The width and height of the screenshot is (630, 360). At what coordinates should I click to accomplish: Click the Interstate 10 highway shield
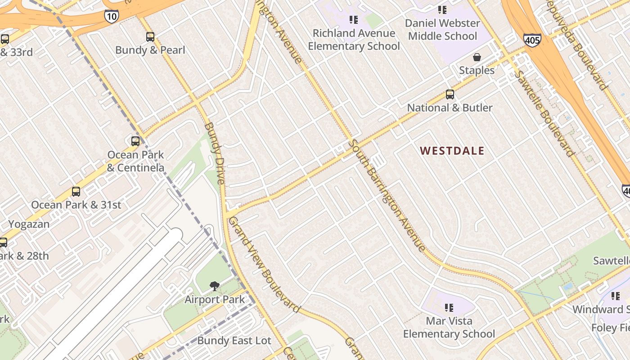click(111, 16)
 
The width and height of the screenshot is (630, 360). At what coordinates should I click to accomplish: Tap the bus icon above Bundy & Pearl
click(150, 37)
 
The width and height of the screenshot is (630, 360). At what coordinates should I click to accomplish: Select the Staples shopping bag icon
click(477, 57)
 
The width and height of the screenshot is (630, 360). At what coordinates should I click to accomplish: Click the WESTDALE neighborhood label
click(452, 151)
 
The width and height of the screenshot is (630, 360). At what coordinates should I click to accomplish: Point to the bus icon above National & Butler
click(450, 94)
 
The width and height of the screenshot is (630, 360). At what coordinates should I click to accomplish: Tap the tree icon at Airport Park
click(215, 286)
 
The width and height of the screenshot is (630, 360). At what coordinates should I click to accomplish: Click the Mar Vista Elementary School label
click(449, 328)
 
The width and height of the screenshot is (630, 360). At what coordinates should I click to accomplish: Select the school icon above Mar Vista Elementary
click(449, 308)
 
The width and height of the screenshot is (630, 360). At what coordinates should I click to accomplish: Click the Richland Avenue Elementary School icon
click(353, 20)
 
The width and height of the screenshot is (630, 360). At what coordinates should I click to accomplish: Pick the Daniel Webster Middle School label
click(442, 29)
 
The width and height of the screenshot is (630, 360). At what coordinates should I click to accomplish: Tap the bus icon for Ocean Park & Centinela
click(135, 141)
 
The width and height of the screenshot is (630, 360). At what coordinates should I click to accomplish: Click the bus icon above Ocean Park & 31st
click(76, 192)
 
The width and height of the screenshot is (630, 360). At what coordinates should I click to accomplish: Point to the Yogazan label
click(29, 224)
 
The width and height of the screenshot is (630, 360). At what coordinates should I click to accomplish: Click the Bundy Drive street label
click(215, 153)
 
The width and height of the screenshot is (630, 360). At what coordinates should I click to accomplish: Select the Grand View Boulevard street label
click(264, 265)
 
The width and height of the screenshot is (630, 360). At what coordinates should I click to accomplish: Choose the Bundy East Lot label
click(234, 341)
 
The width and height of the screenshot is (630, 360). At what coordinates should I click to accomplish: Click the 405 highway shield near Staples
click(532, 40)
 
